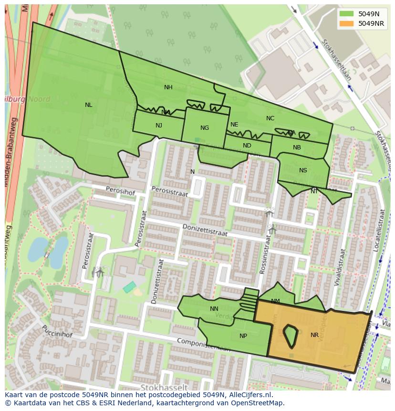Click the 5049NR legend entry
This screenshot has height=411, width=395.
tap(371, 23)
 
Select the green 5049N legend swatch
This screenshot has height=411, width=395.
tap(347, 13)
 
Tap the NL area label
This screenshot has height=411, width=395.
tap(89, 105)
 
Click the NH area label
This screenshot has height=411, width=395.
tap(168, 87)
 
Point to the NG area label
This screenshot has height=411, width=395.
tap(205, 128)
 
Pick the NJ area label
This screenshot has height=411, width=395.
tap(159, 126)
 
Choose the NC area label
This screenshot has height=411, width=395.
tap(270, 118)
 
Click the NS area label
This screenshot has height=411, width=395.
tap(303, 170)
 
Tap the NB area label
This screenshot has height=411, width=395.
tap(297, 148)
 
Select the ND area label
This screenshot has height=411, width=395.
tap(247, 146)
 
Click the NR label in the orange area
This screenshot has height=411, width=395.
tap(314, 335)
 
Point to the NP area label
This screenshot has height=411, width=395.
tap(243, 336)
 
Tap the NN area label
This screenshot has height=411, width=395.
tap(214, 309)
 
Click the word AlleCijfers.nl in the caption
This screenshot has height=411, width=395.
tap(249, 395)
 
